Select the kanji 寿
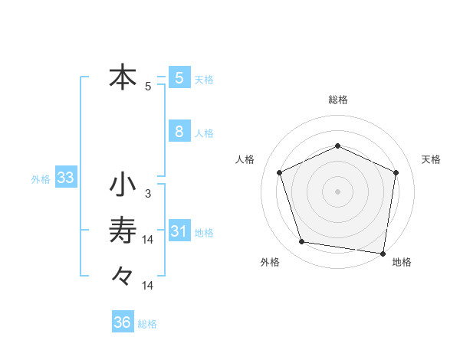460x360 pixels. (x=123, y=231)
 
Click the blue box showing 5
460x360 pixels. (x=179, y=77)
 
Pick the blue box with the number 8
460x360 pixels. (x=179, y=131)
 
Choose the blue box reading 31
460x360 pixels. (x=179, y=231)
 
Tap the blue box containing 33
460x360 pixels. (x=66, y=178)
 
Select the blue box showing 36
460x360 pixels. (x=123, y=322)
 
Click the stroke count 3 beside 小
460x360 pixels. (x=147, y=194)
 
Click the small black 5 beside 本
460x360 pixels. (x=147, y=87)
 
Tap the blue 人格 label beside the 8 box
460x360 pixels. (x=204, y=133)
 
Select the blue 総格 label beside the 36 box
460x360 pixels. (x=147, y=324)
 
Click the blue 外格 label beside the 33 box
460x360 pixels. (x=41, y=180)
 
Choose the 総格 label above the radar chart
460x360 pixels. (x=337, y=100)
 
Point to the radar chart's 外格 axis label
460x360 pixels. (x=270, y=262)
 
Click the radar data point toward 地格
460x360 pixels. (x=383, y=253)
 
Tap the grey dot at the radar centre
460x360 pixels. (x=337, y=191)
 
